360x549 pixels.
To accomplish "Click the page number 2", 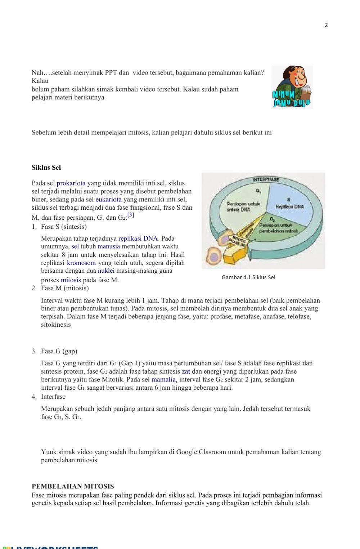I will [x=326, y=25].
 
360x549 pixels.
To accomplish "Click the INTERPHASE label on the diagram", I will [x=266, y=179].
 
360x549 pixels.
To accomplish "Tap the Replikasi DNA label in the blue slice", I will [x=289, y=206].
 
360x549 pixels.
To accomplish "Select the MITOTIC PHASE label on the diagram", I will [x=239, y=241].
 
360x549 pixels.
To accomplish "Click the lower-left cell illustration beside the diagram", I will [x=214, y=256].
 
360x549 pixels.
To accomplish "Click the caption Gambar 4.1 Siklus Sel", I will [x=248, y=277].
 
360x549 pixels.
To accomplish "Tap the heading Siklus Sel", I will [x=46, y=168].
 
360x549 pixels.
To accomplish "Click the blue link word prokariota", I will [x=71, y=183].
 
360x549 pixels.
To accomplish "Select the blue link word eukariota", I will [x=108, y=199].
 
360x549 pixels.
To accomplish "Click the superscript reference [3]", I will [x=131, y=215].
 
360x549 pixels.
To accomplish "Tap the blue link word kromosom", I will [x=81, y=263].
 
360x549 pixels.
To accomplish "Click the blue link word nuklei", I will [x=106, y=271].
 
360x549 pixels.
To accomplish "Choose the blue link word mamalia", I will [x=163, y=379].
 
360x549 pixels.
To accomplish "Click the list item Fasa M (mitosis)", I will [x=65, y=288].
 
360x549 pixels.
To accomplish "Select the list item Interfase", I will [x=53, y=397].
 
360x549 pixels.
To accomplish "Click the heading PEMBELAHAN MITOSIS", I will [x=73, y=486].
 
